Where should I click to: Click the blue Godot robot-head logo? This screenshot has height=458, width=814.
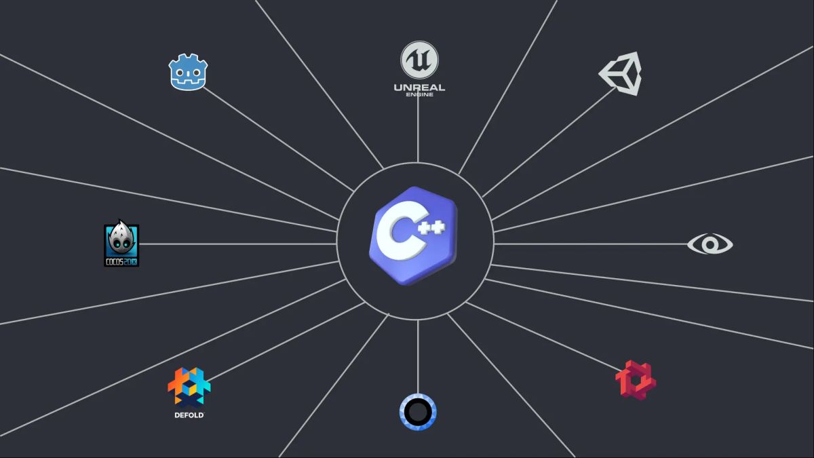[188, 73]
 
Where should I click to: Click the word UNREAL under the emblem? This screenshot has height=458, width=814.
[419, 87]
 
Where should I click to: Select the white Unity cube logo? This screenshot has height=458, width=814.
[621, 73]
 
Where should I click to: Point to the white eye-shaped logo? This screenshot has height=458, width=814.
[710, 244]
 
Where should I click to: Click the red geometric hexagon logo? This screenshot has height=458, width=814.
[636, 380]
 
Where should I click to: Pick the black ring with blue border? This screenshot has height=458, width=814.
[418, 412]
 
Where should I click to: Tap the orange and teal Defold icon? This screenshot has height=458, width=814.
[189, 387]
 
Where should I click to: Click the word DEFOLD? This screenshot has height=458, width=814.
[189, 415]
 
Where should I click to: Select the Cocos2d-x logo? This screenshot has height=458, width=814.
[121, 244]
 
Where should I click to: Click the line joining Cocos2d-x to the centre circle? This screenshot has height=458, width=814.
[237, 244]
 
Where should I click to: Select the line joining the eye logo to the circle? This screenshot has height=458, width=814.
[590, 244]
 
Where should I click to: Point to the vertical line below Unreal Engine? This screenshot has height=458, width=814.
[418, 129]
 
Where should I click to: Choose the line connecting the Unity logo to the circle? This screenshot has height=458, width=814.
[549, 142]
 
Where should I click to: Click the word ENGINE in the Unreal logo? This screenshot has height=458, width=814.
[419, 94]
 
